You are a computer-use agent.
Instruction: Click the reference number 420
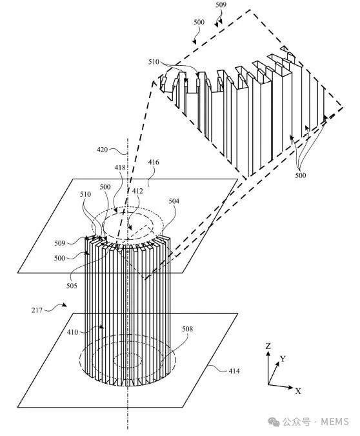coord(102,150)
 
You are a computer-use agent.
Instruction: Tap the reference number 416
coord(154,162)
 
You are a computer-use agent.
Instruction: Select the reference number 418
coord(120,168)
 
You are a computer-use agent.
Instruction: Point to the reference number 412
coord(137,191)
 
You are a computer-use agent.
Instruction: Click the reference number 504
coord(174,201)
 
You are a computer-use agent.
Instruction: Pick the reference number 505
coord(72,286)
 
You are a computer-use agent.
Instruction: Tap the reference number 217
coord(37,310)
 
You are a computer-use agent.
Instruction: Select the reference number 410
coord(72,332)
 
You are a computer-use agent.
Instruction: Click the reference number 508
coord(187,329)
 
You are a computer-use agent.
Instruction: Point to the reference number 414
coord(234,371)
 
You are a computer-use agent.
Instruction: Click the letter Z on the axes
coord(268,346)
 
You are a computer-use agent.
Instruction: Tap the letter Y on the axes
coord(283,359)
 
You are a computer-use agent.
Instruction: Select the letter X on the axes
coord(298,391)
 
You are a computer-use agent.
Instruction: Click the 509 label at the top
coord(221,5)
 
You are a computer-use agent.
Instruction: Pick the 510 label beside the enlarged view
coord(154,62)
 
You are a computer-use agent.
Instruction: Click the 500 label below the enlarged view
coord(301,175)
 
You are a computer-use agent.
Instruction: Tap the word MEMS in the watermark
coord(335,422)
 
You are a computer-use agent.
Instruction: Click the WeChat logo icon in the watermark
coord(274,422)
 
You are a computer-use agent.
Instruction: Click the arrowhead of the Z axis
coord(268,353)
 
